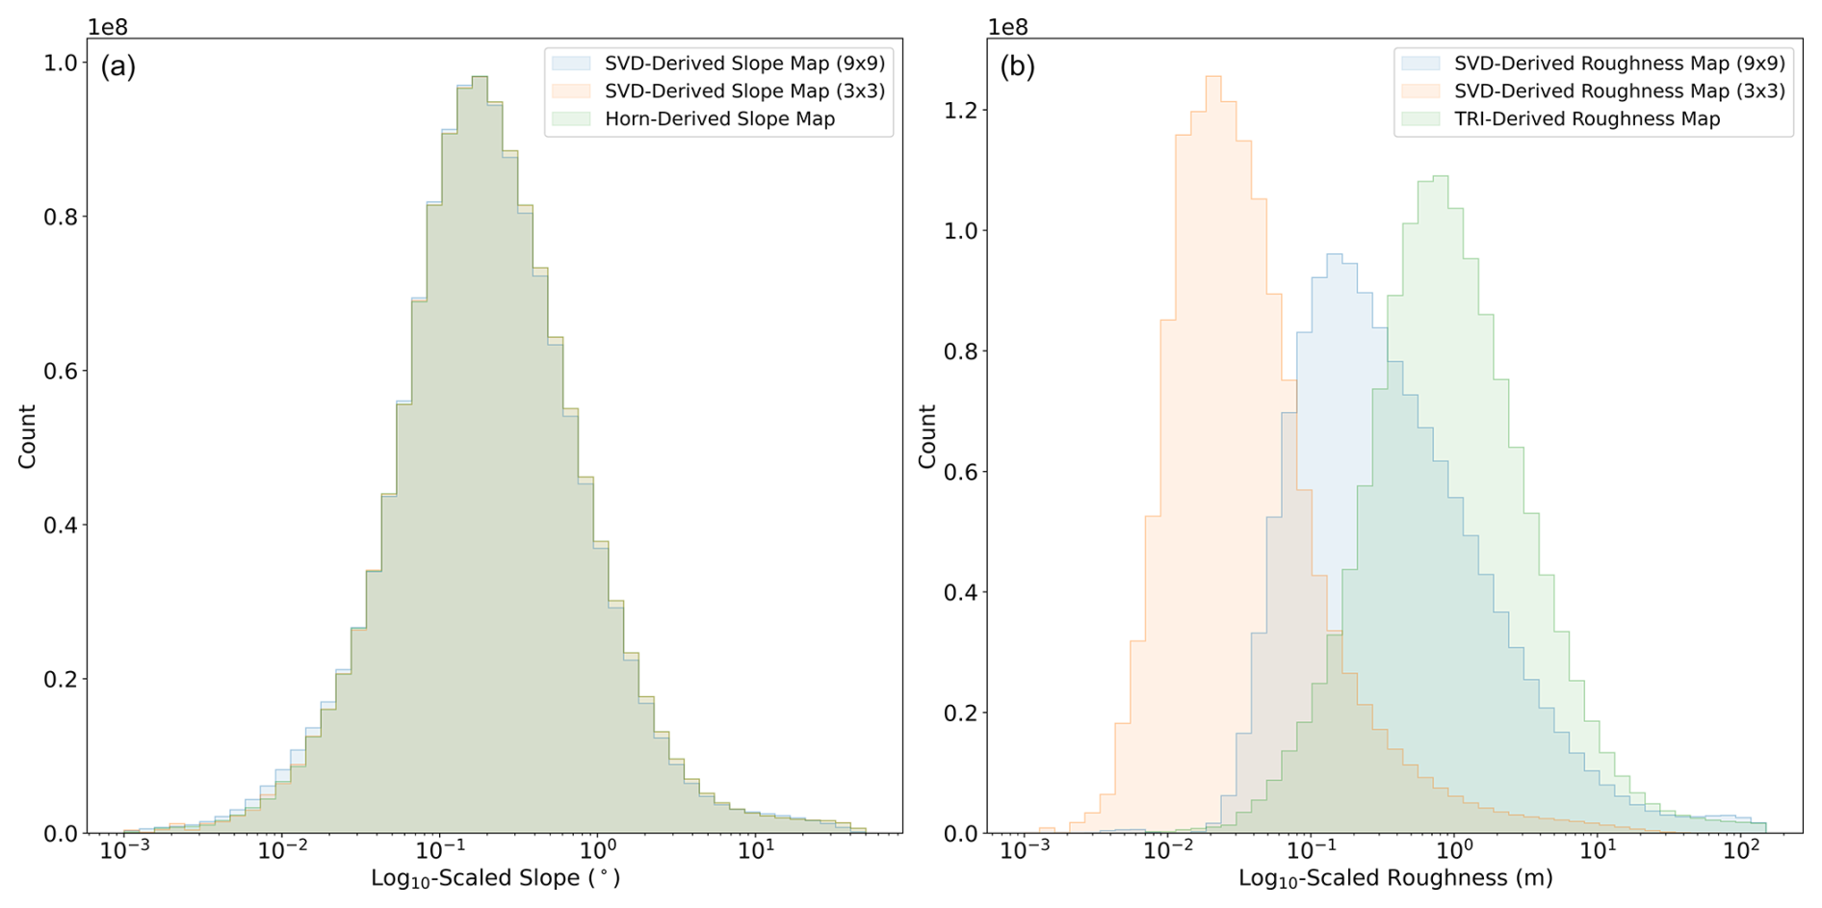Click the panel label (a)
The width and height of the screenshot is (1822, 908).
coord(118,67)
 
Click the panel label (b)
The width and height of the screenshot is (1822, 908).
coord(1018,67)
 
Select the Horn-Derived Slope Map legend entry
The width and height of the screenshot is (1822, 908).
coord(719,119)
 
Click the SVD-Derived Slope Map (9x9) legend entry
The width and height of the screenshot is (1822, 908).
coord(744,64)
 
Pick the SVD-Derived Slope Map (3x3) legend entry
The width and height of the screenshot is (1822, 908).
coord(744,91)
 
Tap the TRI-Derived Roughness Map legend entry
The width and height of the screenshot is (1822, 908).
coord(1586,119)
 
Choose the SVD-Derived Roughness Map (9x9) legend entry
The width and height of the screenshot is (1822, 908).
coord(1619,64)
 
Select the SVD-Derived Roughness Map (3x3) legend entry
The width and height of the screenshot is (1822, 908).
coord(1619,91)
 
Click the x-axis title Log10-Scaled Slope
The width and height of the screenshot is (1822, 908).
coord(495,878)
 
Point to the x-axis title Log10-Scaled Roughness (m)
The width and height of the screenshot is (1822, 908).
coord(1395,878)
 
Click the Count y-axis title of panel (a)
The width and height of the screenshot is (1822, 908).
coord(27,436)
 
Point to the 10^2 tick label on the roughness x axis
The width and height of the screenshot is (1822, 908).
coord(1741,851)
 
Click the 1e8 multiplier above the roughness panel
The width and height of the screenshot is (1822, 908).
coord(1008,27)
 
